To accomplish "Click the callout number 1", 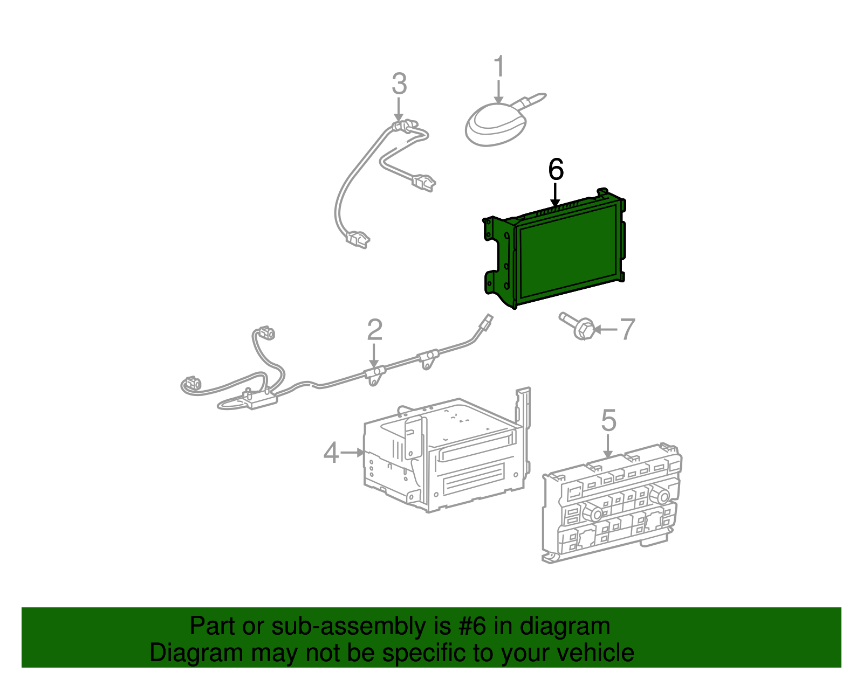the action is (x=499, y=66).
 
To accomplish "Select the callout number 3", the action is (x=399, y=84).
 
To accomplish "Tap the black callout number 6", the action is (x=556, y=169).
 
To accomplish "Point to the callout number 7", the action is (x=627, y=329).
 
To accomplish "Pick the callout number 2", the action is (x=374, y=330).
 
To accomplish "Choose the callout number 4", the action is (x=331, y=453).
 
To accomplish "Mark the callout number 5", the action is (x=608, y=420).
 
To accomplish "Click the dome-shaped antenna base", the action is (x=496, y=124).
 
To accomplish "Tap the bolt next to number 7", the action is (x=577, y=325).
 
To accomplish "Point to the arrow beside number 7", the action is (x=606, y=329).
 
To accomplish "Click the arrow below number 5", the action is (x=608, y=446).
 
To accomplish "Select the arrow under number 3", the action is (x=399, y=109).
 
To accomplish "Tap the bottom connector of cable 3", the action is (x=358, y=239).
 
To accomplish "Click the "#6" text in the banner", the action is (x=472, y=626).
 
